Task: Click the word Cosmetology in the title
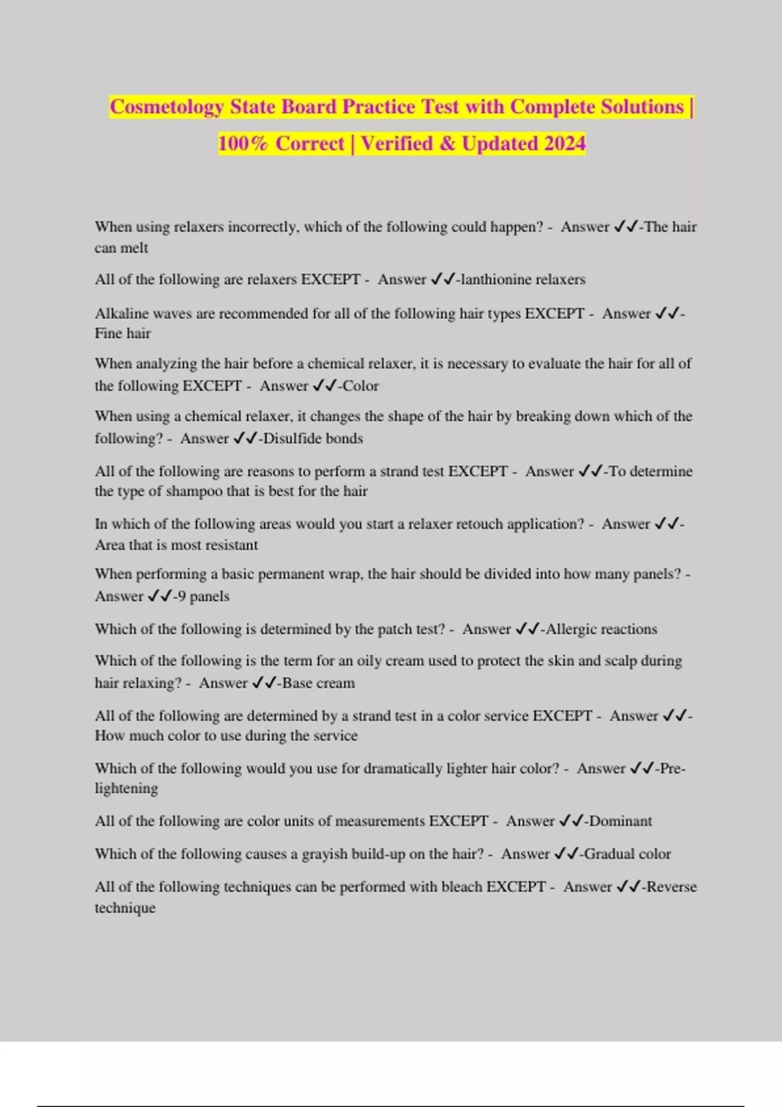(167, 107)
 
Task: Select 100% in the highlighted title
(242, 143)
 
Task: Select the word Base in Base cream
(297, 683)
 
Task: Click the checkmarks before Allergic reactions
(528, 629)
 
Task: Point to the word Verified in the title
(397, 143)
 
